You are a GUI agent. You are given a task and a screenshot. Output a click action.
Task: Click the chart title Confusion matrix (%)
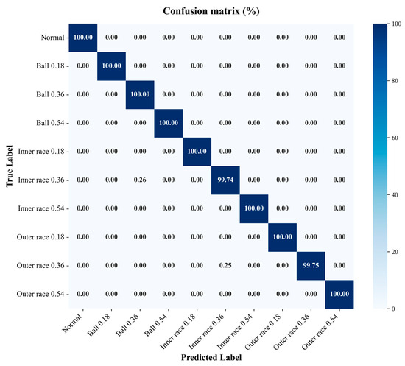[x=211, y=11]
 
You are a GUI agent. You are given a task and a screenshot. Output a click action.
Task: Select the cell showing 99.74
[x=225, y=180]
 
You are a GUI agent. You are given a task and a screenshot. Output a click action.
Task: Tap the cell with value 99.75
[x=311, y=266]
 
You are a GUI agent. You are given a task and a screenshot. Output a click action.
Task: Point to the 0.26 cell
[x=140, y=180]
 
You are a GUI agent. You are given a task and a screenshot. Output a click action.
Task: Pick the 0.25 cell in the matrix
[x=225, y=265]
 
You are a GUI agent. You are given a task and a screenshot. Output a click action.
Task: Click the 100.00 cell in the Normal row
[x=83, y=38]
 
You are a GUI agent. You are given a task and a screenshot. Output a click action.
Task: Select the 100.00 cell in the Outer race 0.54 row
[x=339, y=294]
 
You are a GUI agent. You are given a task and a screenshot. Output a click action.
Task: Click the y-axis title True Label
[x=10, y=166]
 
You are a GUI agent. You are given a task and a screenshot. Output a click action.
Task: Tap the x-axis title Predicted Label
[x=211, y=357]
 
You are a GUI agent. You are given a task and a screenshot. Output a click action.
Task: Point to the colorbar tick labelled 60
[x=394, y=138]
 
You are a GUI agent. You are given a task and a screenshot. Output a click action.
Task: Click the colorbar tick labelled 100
[x=396, y=24]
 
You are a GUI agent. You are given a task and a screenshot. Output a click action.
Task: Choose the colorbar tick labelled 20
[x=394, y=252]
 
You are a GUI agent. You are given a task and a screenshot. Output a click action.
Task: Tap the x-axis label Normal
[x=72, y=323]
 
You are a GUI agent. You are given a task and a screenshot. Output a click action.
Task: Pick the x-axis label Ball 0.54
[x=156, y=325]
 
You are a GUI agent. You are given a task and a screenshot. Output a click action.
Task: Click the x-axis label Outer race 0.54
[x=320, y=331]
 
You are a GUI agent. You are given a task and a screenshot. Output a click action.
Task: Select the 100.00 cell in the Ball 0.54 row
[x=169, y=123]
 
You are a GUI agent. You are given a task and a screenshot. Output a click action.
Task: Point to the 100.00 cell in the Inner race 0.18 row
[x=197, y=152]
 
